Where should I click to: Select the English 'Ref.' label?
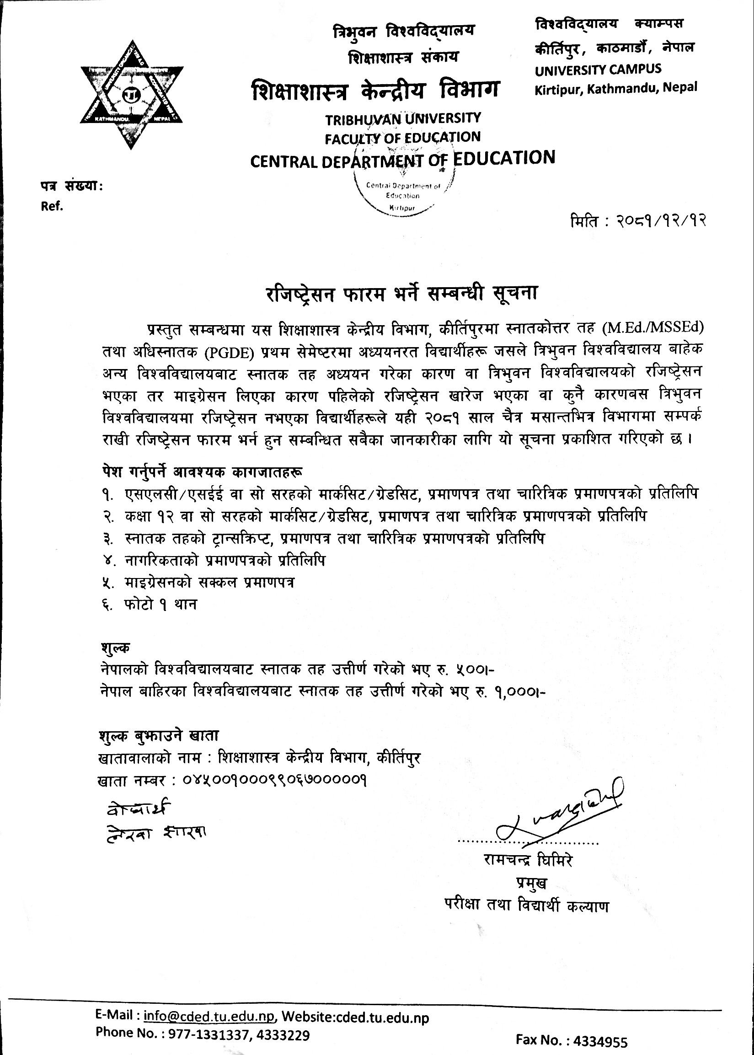pyautogui.click(x=52, y=207)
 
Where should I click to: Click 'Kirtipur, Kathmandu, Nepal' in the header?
pyautogui.click(x=615, y=88)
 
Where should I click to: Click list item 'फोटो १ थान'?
pyautogui.click(x=160, y=605)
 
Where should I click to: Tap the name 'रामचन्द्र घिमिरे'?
pyautogui.click(x=528, y=861)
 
